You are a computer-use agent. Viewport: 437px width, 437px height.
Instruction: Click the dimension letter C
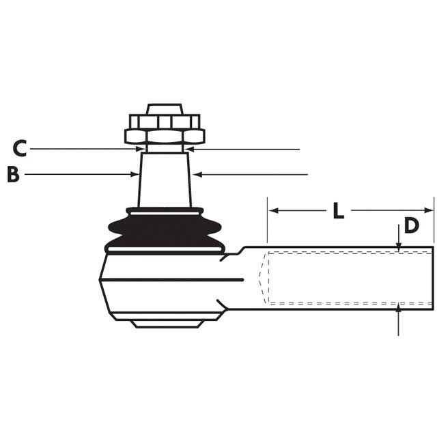click(20, 148)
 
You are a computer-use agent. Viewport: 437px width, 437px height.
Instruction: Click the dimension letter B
click(12, 175)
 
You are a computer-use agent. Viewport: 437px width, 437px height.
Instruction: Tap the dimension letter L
click(338, 211)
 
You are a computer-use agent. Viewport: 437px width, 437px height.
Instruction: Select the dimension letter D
click(410, 225)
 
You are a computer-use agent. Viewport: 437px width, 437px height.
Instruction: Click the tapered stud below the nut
click(165, 179)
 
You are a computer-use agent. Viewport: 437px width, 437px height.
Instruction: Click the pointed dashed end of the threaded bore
click(259, 278)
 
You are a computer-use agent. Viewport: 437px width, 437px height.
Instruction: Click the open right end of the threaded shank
click(433, 278)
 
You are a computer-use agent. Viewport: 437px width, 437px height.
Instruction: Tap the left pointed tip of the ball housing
click(100, 279)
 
